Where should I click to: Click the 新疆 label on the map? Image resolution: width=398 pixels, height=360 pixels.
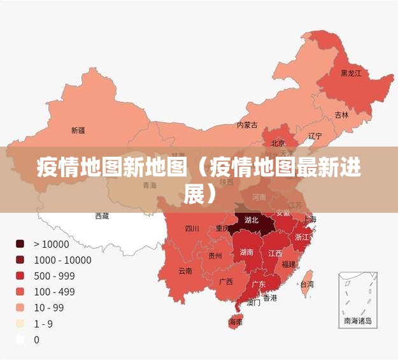pyautogui.click(x=78, y=130)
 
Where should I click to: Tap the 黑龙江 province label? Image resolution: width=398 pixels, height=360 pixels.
pyautogui.click(x=350, y=74)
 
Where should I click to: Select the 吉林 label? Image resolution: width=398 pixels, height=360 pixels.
pyautogui.click(x=342, y=115)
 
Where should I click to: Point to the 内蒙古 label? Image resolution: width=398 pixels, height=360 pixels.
pyautogui.click(x=247, y=125)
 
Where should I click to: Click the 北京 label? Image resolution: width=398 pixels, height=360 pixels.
pyautogui.click(x=278, y=143)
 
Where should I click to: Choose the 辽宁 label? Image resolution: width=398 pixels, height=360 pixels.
pyautogui.click(x=315, y=136)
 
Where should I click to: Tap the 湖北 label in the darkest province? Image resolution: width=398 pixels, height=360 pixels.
pyautogui.click(x=252, y=220)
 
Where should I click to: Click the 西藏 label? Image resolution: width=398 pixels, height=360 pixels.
pyautogui.click(x=102, y=216)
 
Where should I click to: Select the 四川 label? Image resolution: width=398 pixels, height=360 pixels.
pyautogui.click(x=192, y=229)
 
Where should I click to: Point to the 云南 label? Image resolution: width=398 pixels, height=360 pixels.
pyautogui.click(x=185, y=270)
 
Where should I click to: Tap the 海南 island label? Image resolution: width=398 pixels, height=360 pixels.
pyautogui.click(x=236, y=322)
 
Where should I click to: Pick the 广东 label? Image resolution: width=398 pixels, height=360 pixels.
pyautogui.click(x=259, y=284)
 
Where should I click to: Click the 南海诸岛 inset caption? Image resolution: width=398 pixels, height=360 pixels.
pyautogui.click(x=357, y=321)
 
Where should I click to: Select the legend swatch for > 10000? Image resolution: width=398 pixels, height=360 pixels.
pyautogui.click(x=20, y=243)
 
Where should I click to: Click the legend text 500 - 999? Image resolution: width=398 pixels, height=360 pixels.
pyautogui.click(x=54, y=276)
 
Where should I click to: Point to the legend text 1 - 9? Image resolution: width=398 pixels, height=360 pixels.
pyautogui.click(x=43, y=324)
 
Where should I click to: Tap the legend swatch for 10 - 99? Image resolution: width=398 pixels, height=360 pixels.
pyautogui.click(x=20, y=308)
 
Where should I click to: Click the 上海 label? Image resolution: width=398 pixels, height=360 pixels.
pyautogui.click(x=309, y=219)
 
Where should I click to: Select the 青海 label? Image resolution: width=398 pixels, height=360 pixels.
pyautogui.click(x=150, y=185)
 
